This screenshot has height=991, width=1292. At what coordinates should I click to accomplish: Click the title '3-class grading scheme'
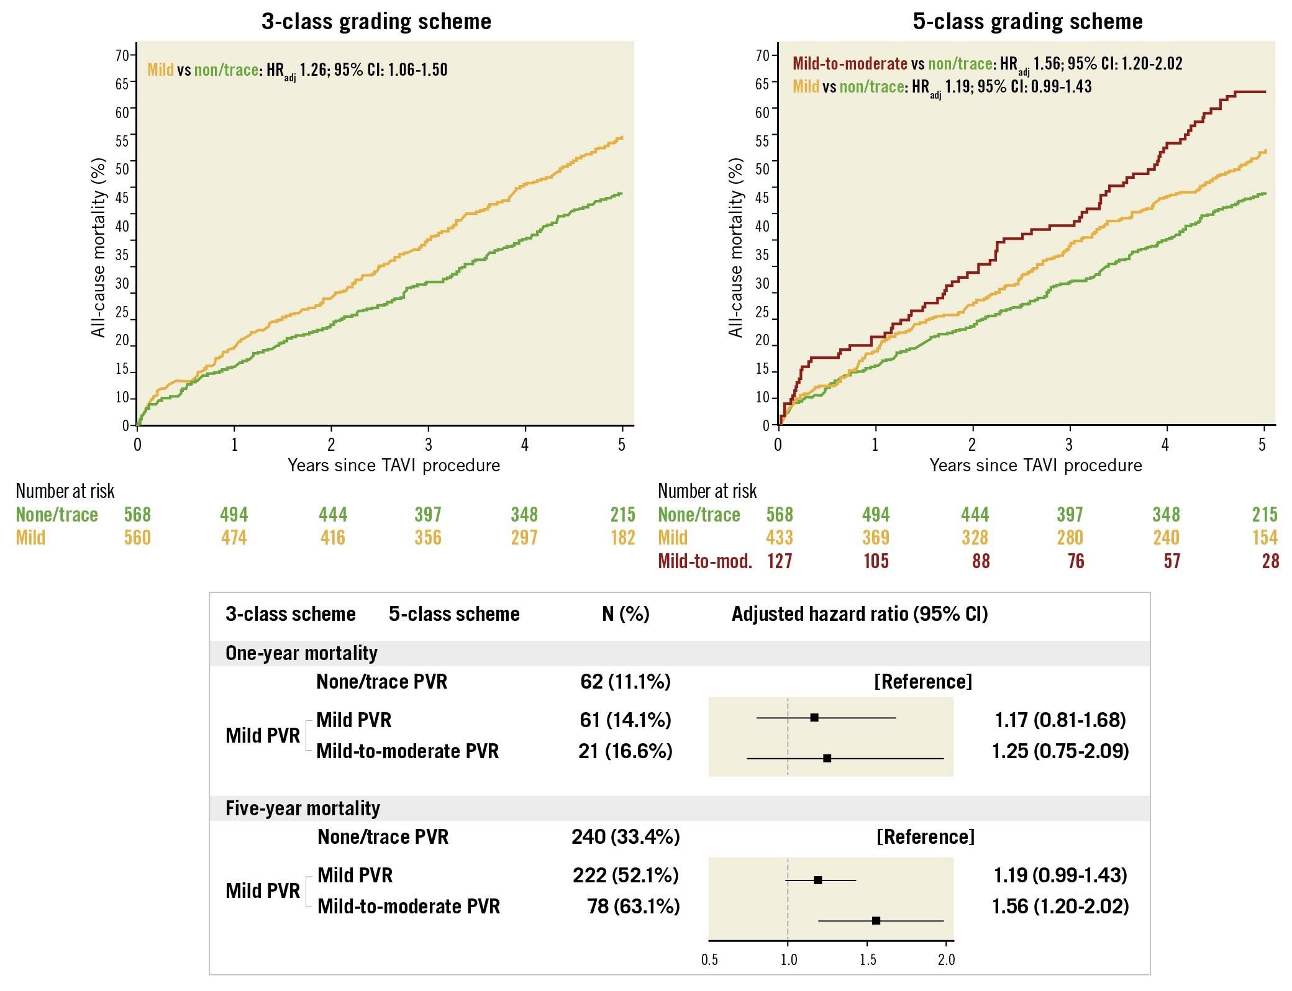coord(376,22)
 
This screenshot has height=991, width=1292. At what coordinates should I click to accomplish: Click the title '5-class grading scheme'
coord(1027,22)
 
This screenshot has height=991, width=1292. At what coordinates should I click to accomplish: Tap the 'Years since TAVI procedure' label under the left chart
coord(394,465)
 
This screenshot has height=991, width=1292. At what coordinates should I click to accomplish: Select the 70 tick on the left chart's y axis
coord(122,55)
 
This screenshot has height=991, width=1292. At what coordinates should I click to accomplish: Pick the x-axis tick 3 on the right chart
coord(1069,445)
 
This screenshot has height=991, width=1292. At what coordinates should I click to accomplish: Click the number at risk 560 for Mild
coord(137,538)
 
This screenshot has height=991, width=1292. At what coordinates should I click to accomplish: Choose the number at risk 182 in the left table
coord(622,538)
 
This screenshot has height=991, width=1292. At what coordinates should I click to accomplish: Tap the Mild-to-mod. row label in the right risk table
coord(705,561)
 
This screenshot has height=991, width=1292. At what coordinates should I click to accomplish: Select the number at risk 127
coord(780,561)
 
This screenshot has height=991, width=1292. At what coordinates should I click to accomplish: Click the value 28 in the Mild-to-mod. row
coord(1270,561)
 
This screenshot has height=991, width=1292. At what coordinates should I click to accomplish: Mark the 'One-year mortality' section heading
coord(301,653)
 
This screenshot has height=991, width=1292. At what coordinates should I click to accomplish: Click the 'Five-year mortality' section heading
coord(303,808)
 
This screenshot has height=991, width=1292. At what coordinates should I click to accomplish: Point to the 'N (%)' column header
coord(626,614)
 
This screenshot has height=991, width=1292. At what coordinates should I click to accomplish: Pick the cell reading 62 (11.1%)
coord(626,682)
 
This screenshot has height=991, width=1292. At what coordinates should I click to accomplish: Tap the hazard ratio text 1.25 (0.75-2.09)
coord(1060,751)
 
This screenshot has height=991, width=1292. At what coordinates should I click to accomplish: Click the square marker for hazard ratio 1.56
coord(876,920)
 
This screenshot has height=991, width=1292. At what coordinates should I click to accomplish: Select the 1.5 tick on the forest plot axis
coord(867,960)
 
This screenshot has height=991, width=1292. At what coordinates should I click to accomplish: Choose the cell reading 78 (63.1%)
coord(634,907)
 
